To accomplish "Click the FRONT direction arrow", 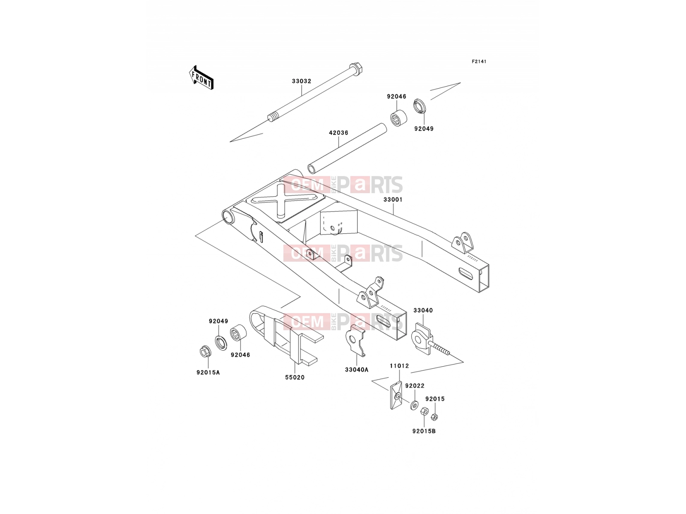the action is (x=201, y=78).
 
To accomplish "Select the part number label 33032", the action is (x=301, y=81).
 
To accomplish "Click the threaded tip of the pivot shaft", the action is (x=273, y=117).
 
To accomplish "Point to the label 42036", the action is (x=338, y=133).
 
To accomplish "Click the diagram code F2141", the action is (x=479, y=62).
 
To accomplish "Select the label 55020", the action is (x=295, y=377).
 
